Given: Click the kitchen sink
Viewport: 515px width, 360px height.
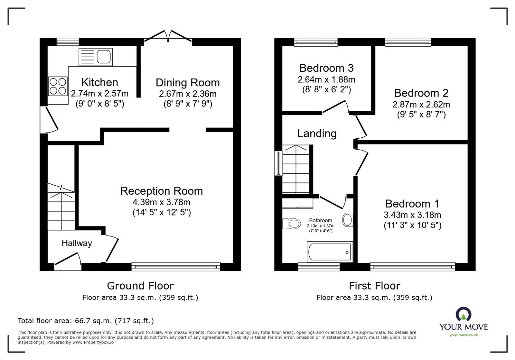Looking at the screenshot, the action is tap(95, 57).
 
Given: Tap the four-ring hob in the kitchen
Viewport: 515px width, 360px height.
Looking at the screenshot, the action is tap(58, 86).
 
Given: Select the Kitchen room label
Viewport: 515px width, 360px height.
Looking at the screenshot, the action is tap(99, 82).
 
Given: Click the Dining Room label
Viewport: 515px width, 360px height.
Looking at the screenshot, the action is tap(188, 83).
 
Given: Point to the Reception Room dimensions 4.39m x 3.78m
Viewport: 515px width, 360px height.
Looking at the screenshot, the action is tap(161, 202).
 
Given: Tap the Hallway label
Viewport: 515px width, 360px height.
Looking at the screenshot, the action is tap(77, 243).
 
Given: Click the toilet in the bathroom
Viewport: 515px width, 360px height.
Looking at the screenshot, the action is tap(292, 224).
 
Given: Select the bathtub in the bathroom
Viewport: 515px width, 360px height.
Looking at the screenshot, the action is tap(330, 252).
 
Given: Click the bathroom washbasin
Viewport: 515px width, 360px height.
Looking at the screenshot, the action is tap(348, 220).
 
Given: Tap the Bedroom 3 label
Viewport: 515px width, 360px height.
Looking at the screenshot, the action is tap(326, 68).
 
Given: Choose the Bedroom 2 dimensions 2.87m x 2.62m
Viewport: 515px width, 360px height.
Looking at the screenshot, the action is tap(421, 105).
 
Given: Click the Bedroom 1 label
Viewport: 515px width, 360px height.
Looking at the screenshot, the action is tap(412, 204).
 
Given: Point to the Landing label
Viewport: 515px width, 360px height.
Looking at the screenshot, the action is tap(317, 134).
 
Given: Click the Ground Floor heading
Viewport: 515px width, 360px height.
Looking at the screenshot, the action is tap(140, 286).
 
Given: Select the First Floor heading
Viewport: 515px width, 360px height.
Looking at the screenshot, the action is tap(375, 286).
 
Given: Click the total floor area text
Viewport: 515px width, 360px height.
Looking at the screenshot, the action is tap(86, 321).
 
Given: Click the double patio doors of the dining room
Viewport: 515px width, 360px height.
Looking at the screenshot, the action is tap(168, 36).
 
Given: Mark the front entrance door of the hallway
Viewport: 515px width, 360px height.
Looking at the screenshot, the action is tap(68, 262).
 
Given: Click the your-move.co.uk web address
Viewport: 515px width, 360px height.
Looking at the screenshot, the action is tap(464, 335).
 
